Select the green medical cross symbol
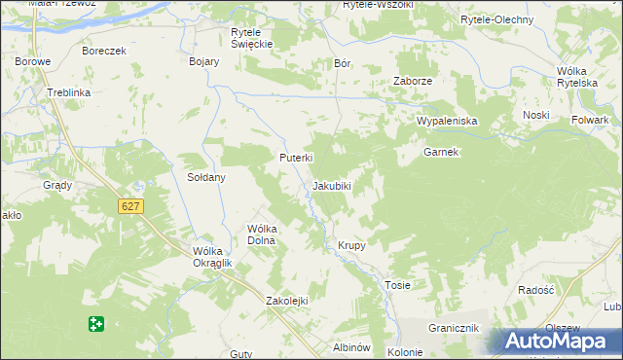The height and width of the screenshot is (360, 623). pyautogui.click(x=95, y=324)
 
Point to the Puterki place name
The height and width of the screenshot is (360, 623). pyautogui.click(x=295, y=158)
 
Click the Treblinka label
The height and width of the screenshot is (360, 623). pyautogui.click(x=68, y=92)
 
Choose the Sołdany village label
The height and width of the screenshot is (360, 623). pyautogui.click(x=206, y=178)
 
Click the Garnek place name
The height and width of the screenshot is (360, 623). pyautogui.click(x=441, y=153)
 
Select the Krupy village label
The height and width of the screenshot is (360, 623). pyautogui.click(x=351, y=245)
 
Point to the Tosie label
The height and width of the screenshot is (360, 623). pyautogui.click(x=397, y=285)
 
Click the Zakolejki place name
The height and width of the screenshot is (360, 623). pyautogui.click(x=287, y=301)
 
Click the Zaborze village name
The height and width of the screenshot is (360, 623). pyautogui.click(x=412, y=81)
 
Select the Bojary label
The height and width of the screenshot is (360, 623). pyautogui.click(x=203, y=61)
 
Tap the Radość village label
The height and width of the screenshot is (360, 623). pyautogui.click(x=535, y=290)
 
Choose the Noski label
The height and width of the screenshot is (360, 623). pyautogui.click(x=535, y=115)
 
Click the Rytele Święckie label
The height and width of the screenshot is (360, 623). pyautogui.click(x=251, y=38)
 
